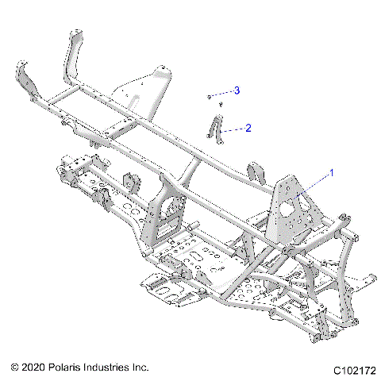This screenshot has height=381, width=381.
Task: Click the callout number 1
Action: click(x=332, y=171)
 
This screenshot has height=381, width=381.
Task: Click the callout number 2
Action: click(x=248, y=127)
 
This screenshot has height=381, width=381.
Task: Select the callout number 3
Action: click(x=236, y=90)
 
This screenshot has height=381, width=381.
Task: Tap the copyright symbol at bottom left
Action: click(x=15, y=368)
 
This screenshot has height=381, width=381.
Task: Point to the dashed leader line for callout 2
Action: click(x=233, y=129)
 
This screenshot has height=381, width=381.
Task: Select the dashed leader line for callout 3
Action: click(x=221, y=93)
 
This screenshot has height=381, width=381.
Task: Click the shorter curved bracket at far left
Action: click(x=26, y=84)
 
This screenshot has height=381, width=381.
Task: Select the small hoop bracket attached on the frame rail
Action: click(x=256, y=173)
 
